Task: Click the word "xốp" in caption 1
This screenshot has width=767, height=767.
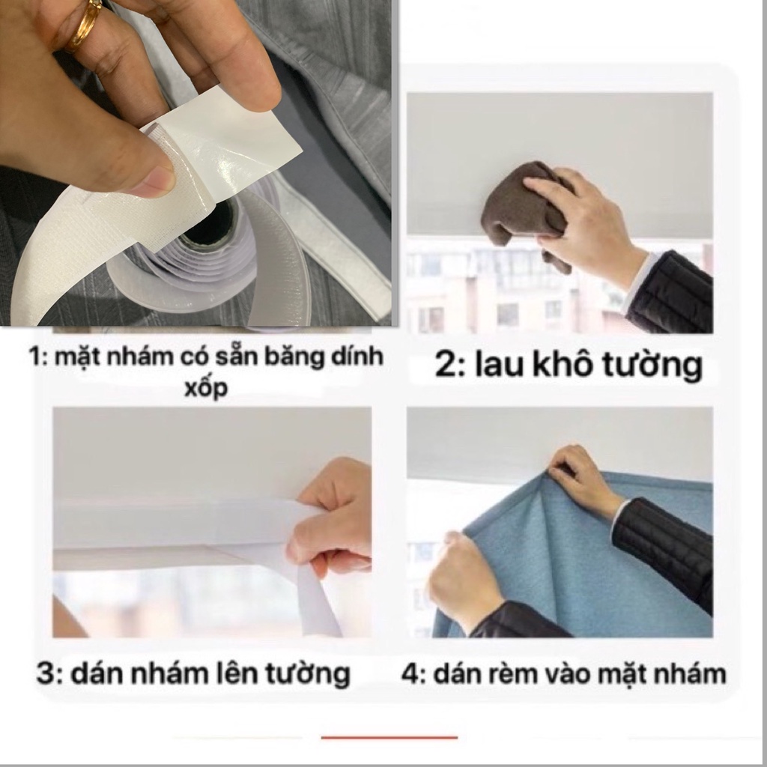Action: (x=206, y=389)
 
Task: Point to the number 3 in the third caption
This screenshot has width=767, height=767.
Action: (x=47, y=673)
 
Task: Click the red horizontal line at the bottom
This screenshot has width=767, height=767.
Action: (x=389, y=738)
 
